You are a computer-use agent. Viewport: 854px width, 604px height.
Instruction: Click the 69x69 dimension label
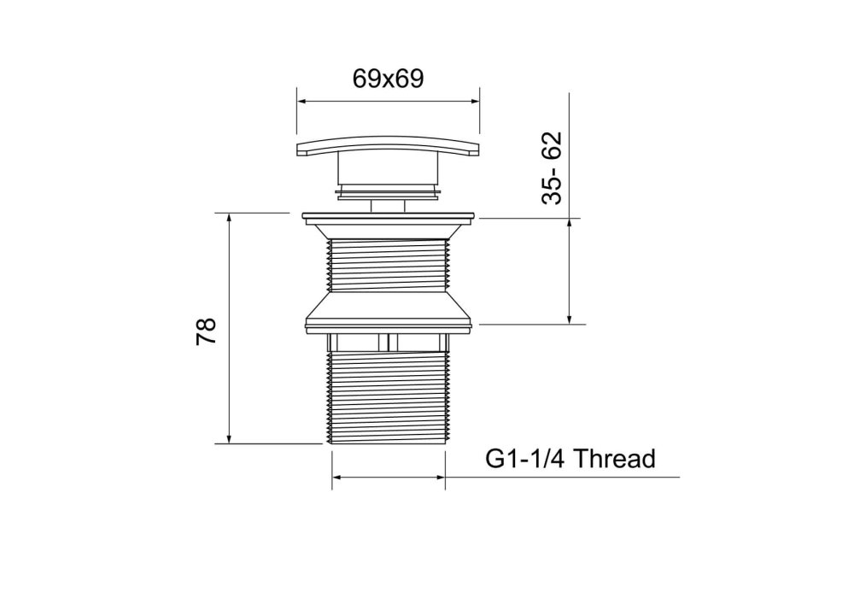click(x=388, y=79)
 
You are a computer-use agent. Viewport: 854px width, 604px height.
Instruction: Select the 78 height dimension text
click(x=207, y=331)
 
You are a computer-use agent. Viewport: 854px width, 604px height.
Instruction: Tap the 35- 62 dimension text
click(x=551, y=167)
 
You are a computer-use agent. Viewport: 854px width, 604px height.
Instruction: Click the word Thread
click(x=614, y=459)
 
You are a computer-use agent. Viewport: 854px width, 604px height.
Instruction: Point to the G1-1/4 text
click(x=525, y=459)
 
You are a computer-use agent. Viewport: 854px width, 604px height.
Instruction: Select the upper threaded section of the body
click(x=388, y=265)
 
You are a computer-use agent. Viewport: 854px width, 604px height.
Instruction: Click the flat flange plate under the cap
click(x=389, y=217)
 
